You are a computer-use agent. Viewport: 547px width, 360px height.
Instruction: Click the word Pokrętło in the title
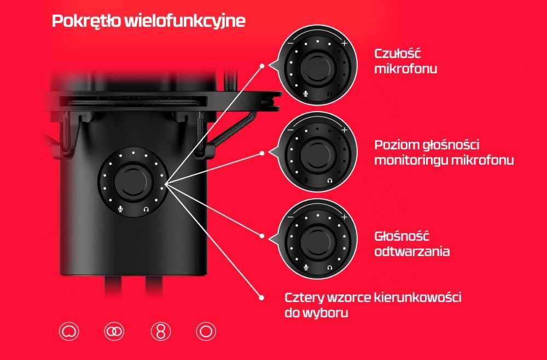click(x=86, y=21)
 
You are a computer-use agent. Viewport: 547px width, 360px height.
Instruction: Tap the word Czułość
click(x=398, y=54)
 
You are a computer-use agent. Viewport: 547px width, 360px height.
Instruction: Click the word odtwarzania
click(x=412, y=251)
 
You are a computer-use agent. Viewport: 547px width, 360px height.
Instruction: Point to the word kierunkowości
click(x=417, y=298)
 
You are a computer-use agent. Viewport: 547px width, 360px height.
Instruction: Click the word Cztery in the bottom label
click(x=303, y=298)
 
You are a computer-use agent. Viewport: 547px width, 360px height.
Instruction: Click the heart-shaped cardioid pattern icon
click(x=69, y=331)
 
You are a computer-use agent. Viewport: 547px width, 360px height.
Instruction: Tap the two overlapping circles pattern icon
click(x=114, y=331)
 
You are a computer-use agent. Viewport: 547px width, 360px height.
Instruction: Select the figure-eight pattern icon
click(x=161, y=331)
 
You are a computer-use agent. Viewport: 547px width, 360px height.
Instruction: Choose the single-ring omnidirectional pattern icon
click(x=206, y=331)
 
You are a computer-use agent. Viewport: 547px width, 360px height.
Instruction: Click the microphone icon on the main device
click(x=120, y=209)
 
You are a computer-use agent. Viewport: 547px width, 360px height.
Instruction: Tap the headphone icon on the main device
click(x=146, y=210)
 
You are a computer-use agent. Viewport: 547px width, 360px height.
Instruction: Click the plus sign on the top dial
click(x=344, y=43)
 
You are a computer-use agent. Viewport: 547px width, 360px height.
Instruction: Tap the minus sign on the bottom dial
click(x=290, y=217)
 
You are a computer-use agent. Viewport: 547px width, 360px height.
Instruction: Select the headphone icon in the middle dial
click(x=330, y=181)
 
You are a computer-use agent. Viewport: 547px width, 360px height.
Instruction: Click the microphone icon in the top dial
click(x=306, y=94)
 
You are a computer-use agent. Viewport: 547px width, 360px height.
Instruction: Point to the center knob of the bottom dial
click(x=318, y=240)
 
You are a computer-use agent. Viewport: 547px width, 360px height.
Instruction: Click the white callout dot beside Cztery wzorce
click(x=261, y=298)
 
